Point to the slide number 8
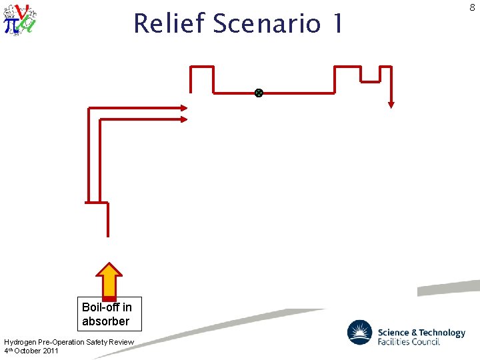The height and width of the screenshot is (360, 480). pyautogui.click(x=472, y=7)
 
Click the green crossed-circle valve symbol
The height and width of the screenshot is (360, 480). pyautogui.click(x=259, y=93)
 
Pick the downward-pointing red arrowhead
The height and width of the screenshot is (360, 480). pyautogui.click(x=391, y=104)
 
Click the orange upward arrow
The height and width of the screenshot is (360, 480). pyautogui.click(x=109, y=279)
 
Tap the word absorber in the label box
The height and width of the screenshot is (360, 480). pyautogui.click(x=105, y=321)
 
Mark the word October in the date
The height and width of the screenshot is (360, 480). pyautogui.click(x=29, y=351)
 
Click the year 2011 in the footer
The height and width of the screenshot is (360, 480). pyautogui.click(x=51, y=351)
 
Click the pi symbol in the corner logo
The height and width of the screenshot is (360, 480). pyautogui.click(x=11, y=25)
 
